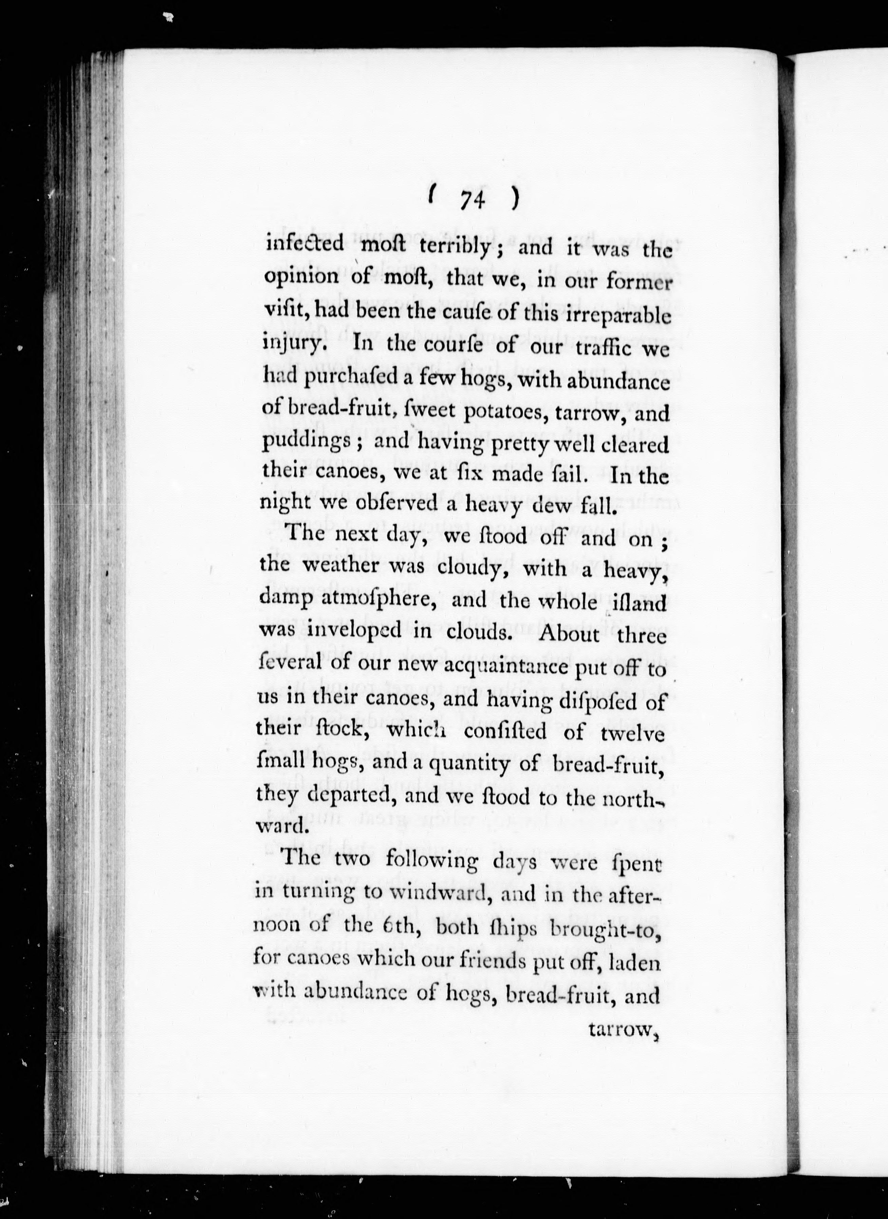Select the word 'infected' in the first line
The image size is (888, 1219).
(305, 245)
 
